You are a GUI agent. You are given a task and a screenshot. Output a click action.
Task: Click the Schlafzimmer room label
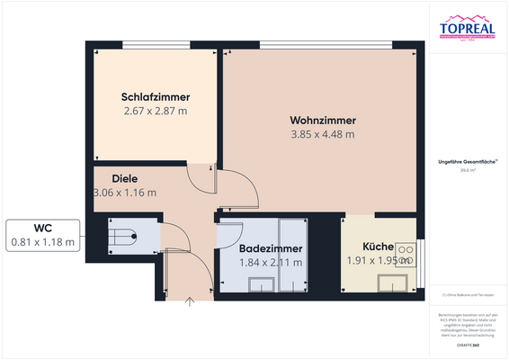(x=156, y=97)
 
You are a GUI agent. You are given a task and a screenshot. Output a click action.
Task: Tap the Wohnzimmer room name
(x=323, y=120)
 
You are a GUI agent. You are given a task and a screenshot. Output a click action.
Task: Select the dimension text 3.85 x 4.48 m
(x=323, y=134)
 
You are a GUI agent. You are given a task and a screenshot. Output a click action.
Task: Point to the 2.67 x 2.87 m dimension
(x=156, y=112)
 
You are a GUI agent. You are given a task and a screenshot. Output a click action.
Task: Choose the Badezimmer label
(x=271, y=248)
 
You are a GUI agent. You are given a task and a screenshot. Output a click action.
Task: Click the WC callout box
(x=42, y=235)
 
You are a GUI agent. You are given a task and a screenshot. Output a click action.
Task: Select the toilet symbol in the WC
(x=122, y=238)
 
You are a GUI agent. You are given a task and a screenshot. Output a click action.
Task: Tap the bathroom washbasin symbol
(x=262, y=284)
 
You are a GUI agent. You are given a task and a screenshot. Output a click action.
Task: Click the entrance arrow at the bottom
(x=189, y=302)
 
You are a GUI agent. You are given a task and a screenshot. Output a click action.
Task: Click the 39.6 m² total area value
(x=467, y=169)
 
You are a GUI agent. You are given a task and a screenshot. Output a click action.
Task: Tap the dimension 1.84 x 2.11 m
(x=271, y=263)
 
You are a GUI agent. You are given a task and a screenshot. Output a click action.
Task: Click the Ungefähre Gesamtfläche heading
(x=467, y=160)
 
